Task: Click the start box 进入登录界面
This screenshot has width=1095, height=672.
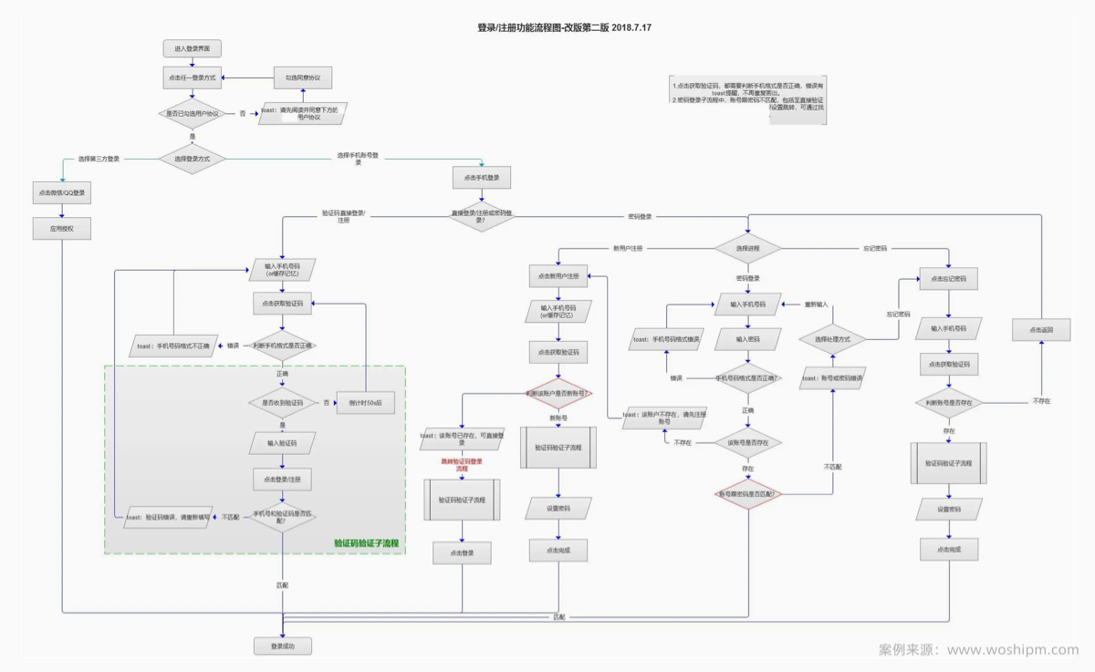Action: pyautogui.click(x=192, y=48)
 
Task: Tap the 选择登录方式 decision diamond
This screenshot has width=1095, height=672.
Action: pyautogui.click(x=192, y=159)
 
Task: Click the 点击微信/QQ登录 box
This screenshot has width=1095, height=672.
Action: pyautogui.click(x=62, y=193)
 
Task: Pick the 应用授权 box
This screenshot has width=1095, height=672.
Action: pyautogui.click(x=62, y=229)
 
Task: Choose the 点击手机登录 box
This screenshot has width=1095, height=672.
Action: pyautogui.click(x=481, y=178)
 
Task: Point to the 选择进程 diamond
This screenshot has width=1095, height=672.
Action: pyautogui.click(x=747, y=248)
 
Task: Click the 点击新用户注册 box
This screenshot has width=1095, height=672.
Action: pyautogui.click(x=558, y=276)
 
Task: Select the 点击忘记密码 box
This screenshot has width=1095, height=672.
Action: pyautogui.click(x=948, y=279)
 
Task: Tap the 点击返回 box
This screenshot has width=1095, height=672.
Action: pyautogui.click(x=1041, y=329)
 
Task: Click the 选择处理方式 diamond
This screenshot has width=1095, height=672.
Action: pyautogui.click(x=831, y=339)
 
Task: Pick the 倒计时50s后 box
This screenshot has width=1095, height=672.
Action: pyautogui.click(x=365, y=402)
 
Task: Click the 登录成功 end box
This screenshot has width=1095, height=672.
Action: pyautogui.click(x=283, y=646)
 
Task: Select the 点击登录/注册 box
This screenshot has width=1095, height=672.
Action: pyautogui.click(x=283, y=479)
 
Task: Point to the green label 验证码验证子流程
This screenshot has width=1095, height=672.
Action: pyautogui.click(x=368, y=543)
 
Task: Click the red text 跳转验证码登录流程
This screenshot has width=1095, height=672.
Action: pyautogui.click(x=462, y=465)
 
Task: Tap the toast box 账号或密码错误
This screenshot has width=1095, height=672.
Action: pyautogui.click(x=832, y=377)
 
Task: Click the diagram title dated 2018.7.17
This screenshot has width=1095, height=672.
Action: pyautogui.click(x=564, y=27)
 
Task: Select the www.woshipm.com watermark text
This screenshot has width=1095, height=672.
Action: pyautogui.click(x=1013, y=650)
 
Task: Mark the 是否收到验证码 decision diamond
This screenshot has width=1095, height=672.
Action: pyautogui.click(x=283, y=402)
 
